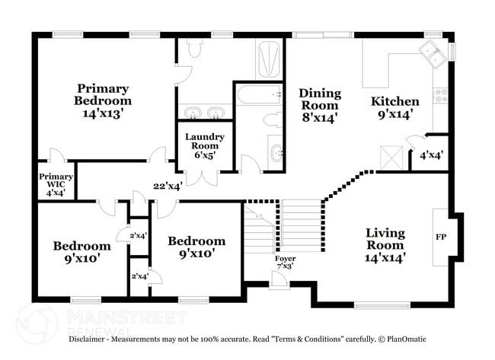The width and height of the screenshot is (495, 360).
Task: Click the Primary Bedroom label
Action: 103,101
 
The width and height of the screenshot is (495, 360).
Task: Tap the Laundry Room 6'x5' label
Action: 205,146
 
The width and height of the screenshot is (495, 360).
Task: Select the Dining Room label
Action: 320,105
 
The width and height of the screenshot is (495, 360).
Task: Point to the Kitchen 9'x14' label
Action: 395,108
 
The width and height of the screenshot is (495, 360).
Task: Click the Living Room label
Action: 385,245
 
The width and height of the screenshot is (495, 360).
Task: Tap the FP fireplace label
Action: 441,237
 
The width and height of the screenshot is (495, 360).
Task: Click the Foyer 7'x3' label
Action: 285,262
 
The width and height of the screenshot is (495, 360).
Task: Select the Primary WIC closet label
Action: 56,185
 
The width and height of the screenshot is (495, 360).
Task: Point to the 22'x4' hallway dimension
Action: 168,186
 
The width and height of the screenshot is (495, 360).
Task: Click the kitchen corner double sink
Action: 433,54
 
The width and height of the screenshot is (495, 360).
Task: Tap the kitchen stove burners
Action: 440,95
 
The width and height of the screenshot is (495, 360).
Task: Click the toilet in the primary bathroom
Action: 194,47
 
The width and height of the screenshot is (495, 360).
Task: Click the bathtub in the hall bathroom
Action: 259,94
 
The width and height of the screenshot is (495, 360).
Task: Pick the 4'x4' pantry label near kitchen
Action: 431,155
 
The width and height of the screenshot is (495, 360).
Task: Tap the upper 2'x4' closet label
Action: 139,235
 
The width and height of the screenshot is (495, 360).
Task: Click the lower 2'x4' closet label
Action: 140,276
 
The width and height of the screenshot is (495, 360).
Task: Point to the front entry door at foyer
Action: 279,281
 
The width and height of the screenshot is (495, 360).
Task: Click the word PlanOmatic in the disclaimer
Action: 407,339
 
